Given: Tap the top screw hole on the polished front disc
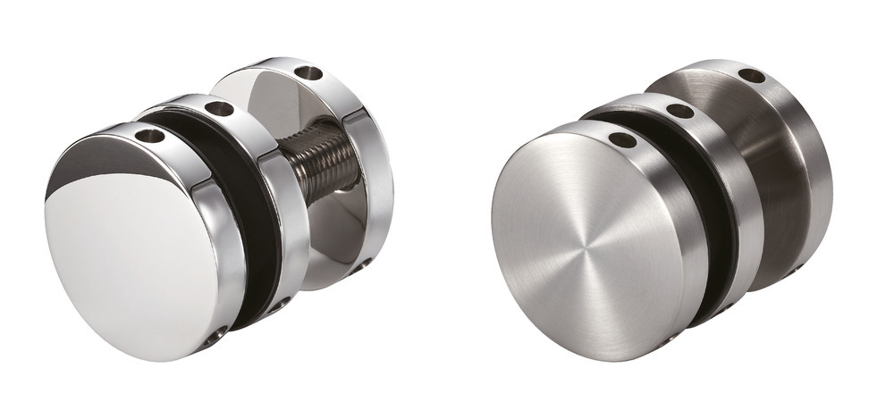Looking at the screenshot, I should tap(151, 138).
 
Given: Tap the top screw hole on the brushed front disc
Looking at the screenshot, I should tap(622, 140).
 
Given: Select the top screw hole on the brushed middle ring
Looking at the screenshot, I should tap(680, 112).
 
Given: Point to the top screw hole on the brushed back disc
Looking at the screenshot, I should tap(752, 76).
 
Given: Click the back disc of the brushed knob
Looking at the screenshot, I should tap(796, 179).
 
